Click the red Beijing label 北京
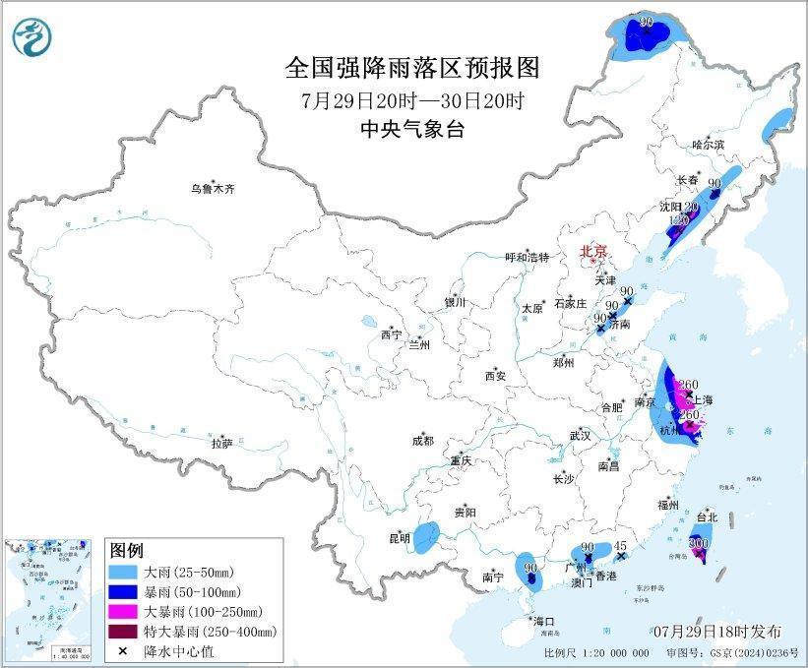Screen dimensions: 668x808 [x=594, y=250]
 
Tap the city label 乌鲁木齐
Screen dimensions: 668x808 [x=215, y=188]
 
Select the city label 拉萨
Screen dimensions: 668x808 [x=221, y=444]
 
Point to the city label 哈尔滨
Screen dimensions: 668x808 [x=707, y=145]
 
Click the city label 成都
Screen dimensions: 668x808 [x=422, y=441]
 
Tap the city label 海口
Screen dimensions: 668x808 [x=544, y=621]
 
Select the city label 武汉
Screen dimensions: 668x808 [x=579, y=434]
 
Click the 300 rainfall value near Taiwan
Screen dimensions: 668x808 [x=699, y=542]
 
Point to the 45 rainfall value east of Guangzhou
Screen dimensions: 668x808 [x=620, y=545]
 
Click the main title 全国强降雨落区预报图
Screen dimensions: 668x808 [x=412, y=68]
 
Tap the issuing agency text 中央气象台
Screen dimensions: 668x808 [x=412, y=129]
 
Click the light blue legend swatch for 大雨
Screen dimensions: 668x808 [x=124, y=572]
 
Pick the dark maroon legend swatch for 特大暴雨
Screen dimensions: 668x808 [x=124, y=632]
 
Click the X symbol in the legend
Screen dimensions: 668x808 [x=124, y=651]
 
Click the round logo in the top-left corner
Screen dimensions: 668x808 [x=31, y=37]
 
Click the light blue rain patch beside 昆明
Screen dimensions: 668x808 [x=426, y=537]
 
